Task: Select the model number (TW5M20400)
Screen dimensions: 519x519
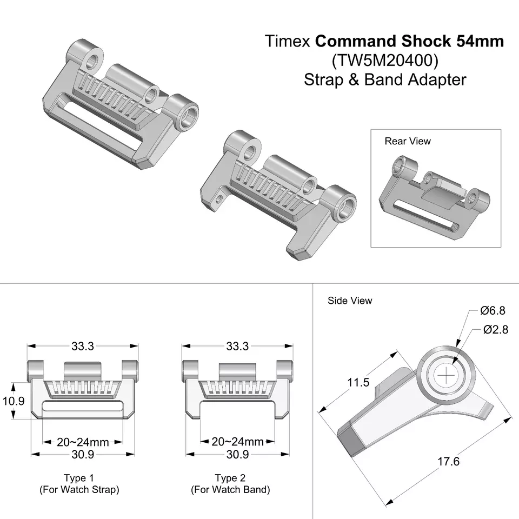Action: [384, 61]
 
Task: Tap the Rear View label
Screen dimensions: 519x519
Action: [408, 141]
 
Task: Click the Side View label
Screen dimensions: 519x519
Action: [350, 301]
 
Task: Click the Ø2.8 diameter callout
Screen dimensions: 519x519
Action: [495, 329]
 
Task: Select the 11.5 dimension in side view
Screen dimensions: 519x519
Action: [358, 382]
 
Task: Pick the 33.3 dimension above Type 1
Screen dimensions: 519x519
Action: [83, 346]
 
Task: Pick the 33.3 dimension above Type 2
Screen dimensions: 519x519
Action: [237, 346]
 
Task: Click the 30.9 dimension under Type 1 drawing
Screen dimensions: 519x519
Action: [83, 455]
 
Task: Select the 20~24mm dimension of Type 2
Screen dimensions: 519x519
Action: [237, 442]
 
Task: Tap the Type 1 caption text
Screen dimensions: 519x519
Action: [79, 478]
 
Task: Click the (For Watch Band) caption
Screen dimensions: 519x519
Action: [230, 490]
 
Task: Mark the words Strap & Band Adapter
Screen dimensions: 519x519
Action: [384, 79]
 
